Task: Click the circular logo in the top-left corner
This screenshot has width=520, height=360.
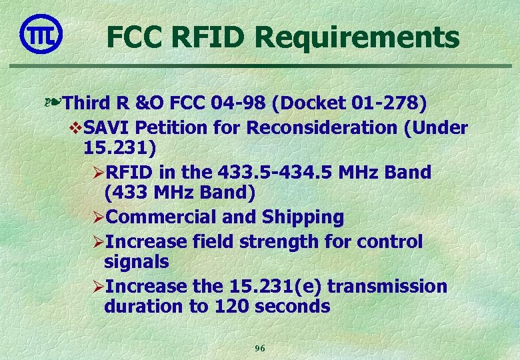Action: click(41, 33)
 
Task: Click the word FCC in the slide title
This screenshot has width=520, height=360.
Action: click(135, 37)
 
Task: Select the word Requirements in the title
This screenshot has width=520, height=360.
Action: click(357, 38)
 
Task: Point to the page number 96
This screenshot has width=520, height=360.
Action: click(260, 348)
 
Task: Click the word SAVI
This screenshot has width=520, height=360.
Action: click(104, 127)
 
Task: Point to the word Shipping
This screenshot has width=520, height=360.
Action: click(303, 217)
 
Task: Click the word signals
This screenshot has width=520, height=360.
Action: click(137, 262)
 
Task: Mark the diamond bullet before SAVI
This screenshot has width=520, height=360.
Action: click(75, 127)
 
